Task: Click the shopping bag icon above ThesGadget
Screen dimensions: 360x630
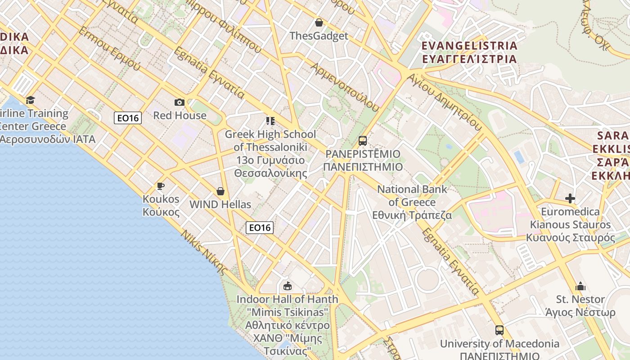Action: click(x=319, y=22)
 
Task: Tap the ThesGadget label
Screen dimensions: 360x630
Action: click(x=319, y=36)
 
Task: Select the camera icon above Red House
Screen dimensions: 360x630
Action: click(x=180, y=103)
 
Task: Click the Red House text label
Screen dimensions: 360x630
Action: click(x=180, y=115)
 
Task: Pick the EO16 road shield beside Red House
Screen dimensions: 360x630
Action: click(x=128, y=118)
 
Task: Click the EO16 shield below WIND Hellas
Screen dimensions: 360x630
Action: click(x=260, y=228)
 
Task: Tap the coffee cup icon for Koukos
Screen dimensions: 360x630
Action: click(x=161, y=186)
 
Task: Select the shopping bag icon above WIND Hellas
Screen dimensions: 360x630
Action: click(x=220, y=192)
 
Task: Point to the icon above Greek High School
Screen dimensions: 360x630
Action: click(x=270, y=121)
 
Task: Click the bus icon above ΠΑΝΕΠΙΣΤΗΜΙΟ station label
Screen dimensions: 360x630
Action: click(x=363, y=141)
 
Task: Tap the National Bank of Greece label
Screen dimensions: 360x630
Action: click(x=412, y=202)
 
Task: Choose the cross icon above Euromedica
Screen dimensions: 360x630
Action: click(x=570, y=198)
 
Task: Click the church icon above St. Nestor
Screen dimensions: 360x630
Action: click(x=580, y=286)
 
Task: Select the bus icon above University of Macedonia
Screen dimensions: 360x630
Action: click(x=499, y=330)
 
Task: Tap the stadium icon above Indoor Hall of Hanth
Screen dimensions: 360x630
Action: click(x=287, y=286)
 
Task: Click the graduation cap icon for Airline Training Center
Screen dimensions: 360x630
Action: click(x=30, y=100)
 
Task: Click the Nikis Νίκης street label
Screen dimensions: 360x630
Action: click(x=204, y=252)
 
